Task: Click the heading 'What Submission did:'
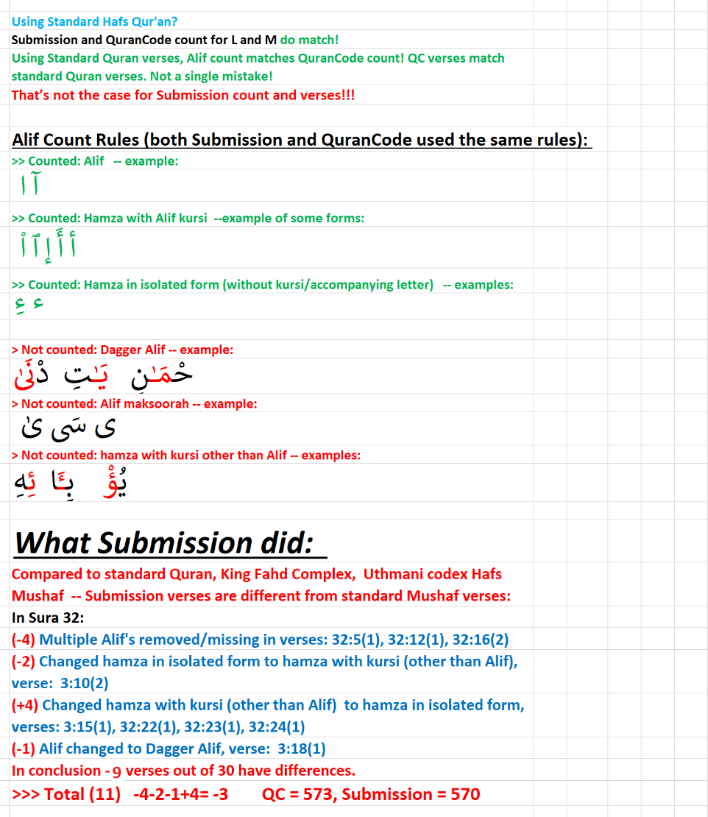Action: (163, 543)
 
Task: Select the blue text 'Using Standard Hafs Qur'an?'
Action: (94, 22)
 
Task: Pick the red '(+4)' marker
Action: (25, 705)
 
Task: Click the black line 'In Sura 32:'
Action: (48, 618)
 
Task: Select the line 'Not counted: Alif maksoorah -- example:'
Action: (134, 404)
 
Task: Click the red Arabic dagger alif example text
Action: (103, 376)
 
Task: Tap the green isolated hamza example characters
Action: (28, 305)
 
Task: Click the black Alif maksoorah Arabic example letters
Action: (66, 427)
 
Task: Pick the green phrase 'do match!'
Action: (309, 40)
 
